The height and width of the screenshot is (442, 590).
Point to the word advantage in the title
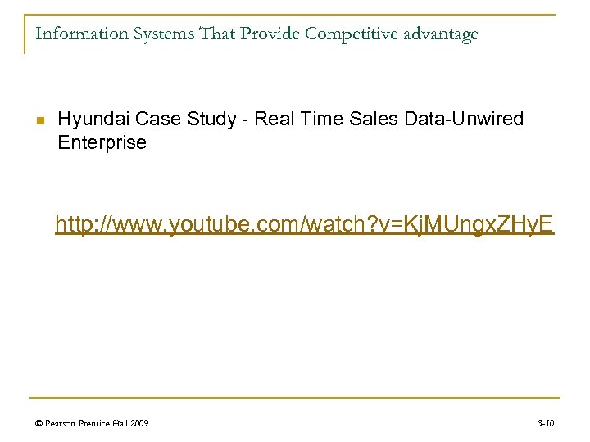[438, 34]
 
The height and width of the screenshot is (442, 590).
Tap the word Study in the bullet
[207, 120]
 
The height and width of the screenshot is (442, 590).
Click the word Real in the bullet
[271, 120]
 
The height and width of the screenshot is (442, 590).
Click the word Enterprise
[102, 142]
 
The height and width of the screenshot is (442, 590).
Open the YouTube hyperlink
[304, 223]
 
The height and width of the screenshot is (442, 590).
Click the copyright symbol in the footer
[39, 423]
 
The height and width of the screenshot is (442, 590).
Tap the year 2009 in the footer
[138, 423]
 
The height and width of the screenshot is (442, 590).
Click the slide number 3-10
[546, 423]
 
